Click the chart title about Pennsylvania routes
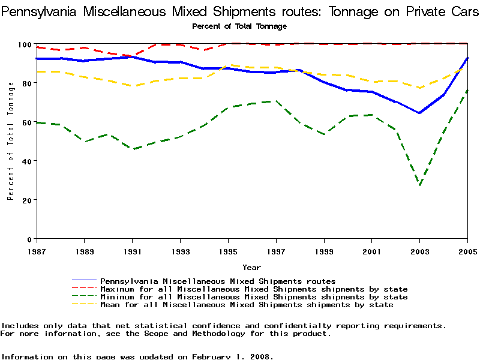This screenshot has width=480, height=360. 240,12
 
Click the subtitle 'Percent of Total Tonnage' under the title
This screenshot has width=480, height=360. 239,26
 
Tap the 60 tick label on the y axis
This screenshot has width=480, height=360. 27,122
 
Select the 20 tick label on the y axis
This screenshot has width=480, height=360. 27,200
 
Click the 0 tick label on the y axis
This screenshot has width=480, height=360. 29,239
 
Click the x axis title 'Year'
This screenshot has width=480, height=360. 251,267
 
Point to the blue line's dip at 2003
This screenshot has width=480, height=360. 419,113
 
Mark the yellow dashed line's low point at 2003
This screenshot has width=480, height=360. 419,88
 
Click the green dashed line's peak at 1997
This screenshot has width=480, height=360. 275,101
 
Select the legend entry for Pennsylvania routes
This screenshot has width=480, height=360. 217,281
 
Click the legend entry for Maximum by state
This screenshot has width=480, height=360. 253,289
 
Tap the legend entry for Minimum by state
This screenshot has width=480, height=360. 253,297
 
